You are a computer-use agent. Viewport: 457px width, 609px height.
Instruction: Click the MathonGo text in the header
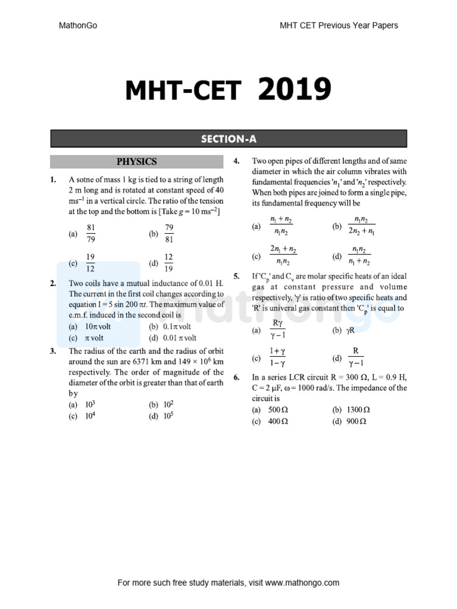(x=78, y=26)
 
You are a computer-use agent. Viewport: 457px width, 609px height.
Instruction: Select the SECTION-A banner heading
(x=228, y=139)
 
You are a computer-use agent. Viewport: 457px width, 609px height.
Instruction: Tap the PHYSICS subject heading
(x=136, y=161)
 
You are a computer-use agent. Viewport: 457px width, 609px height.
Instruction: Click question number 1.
(x=54, y=180)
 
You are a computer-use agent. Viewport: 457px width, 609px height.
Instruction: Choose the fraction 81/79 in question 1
(x=91, y=234)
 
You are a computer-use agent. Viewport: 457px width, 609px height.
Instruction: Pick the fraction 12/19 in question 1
(x=168, y=262)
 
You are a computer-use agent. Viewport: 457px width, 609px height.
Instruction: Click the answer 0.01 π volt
(x=177, y=337)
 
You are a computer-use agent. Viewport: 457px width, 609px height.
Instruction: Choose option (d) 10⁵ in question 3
(x=168, y=416)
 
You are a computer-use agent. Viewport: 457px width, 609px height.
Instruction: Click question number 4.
(x=236, y=161)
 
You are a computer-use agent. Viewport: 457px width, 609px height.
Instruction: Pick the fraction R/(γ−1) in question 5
(x=355, y=357)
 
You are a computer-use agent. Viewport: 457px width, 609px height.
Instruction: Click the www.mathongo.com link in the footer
(x=302, y=583)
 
